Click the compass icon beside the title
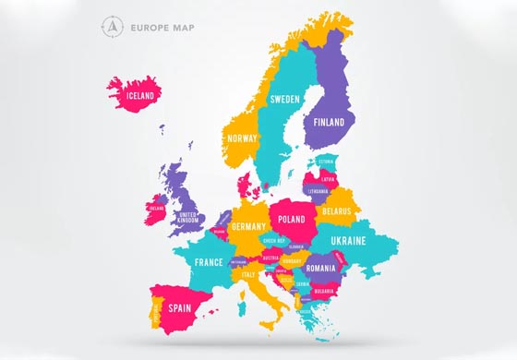coord(112,29)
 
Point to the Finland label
coord(329,122)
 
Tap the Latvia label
coord(328,179)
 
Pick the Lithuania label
coord(319,192)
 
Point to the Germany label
coord(248,226)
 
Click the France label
coord(209,262)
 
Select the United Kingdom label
coord(188,217)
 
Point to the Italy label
coord(248,274)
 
